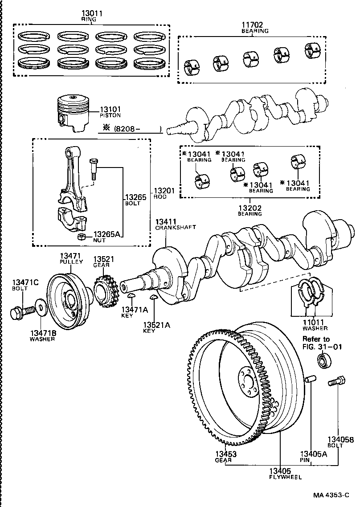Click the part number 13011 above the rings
point(92,14)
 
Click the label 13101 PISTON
point(110,112)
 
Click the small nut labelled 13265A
point(82,236)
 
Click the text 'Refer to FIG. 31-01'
point(323,343)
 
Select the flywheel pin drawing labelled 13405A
point(311,379)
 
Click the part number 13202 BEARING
point(250,210)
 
